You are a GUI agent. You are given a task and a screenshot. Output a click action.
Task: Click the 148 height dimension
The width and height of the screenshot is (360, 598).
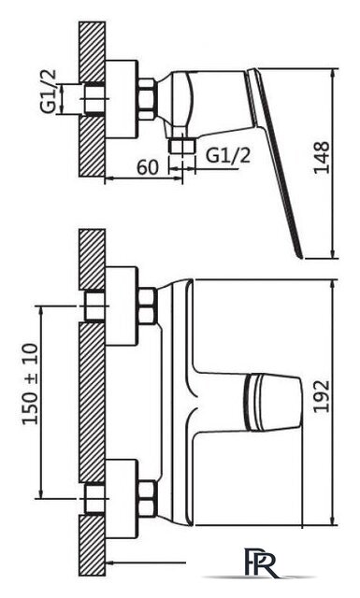(x=322, y=158)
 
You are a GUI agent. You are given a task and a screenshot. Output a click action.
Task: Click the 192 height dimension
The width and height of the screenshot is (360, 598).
(x=322, y=396)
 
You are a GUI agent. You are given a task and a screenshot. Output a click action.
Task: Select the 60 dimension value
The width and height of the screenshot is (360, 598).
(x=148, y=166)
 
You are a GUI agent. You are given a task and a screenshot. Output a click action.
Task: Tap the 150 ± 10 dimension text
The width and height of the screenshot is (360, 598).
(x=31, y=384)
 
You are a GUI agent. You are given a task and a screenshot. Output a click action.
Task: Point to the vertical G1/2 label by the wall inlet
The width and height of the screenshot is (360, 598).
(x=49, y=92)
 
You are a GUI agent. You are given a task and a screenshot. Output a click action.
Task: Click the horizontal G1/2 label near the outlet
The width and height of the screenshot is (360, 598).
(x=228, y=155)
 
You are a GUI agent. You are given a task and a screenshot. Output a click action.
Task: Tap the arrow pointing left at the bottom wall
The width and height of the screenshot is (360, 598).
(x=146, y=562)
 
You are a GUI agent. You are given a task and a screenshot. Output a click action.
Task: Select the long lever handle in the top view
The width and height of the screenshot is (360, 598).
(x=273, y=163)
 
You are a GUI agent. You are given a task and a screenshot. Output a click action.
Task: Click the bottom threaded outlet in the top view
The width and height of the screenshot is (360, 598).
(x=181, y=147)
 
